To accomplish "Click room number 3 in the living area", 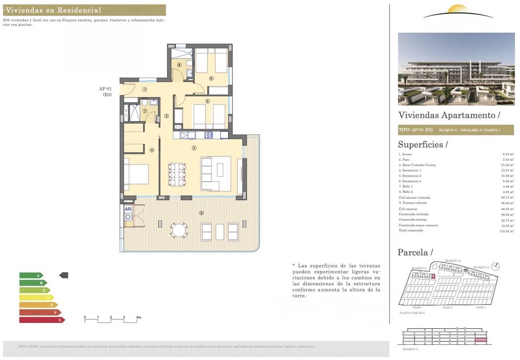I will click(x=194, y=148).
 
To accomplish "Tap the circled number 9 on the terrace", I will click(x=201, y=213).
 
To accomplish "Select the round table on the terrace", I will click(x=179, y=230).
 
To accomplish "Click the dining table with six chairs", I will click(x=177, y=174).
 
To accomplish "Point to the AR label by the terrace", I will click(x=128, y=209).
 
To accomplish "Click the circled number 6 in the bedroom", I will click(x=211, y=78).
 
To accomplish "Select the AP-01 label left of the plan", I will click(x=105, y=89).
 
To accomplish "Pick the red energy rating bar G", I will click(x=42, y=320).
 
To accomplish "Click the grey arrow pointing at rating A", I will click(x=63, y=275).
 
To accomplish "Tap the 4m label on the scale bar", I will click(x=138, y=318).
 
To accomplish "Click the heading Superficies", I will click(x=423, y=145).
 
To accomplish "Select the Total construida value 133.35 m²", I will click(x=507, y=231).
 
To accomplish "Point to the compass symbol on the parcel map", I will click(x=496, y=266).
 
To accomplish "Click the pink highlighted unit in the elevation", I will click(x=481, y=339).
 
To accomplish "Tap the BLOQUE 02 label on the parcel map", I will click(x=452, y=261).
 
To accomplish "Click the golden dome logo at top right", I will click(x=458, y=10).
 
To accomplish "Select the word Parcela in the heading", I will click(x=413, y=253).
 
